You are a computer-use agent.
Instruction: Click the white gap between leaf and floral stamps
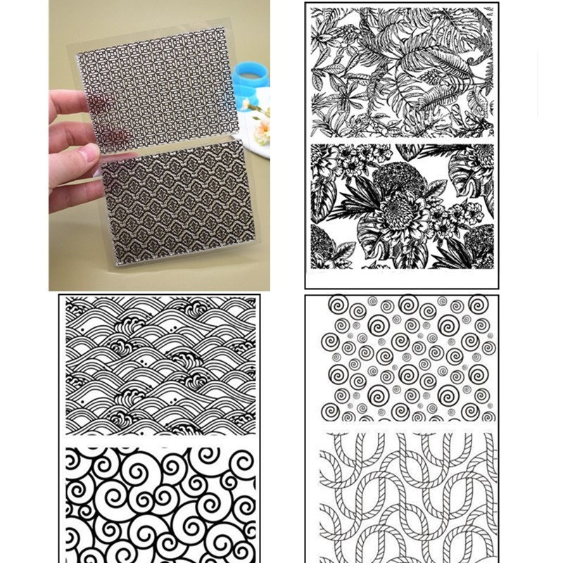(x=402, y=140)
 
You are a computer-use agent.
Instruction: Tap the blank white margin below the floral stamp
(x=402, y=278)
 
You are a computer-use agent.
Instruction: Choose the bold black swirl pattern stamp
(x=160, y=503)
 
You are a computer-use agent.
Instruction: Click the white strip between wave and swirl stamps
(x=160, y=441)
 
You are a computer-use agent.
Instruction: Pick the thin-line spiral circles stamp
(x=402, y=359)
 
